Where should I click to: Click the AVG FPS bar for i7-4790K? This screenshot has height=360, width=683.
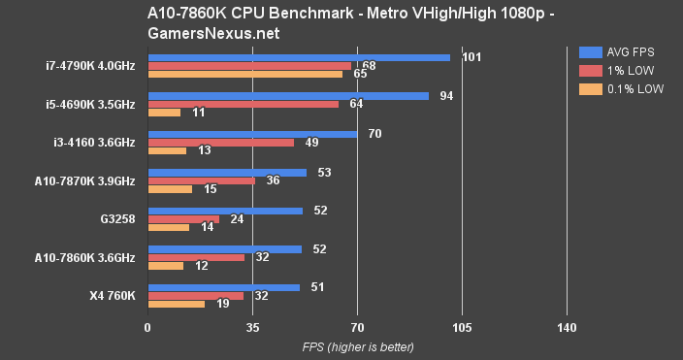point(298,57)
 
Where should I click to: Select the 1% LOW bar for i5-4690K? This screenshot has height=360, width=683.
point(243,104)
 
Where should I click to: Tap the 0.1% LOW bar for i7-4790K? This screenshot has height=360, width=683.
point(244,74)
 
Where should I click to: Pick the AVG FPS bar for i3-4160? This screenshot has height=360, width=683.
point(251,134)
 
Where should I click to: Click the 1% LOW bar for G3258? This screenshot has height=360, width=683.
point(182,219)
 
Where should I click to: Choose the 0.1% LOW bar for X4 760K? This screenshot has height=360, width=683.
point(176,304)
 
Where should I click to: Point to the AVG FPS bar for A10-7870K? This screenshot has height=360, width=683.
point(226,173)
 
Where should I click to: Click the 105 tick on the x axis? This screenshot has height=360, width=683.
point(462,328)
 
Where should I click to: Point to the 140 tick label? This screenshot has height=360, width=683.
point(568,328)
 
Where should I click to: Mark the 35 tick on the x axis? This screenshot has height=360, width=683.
point(252,328)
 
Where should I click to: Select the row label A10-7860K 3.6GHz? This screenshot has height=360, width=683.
point(83,257)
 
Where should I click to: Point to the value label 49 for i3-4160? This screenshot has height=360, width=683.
point(312,143)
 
